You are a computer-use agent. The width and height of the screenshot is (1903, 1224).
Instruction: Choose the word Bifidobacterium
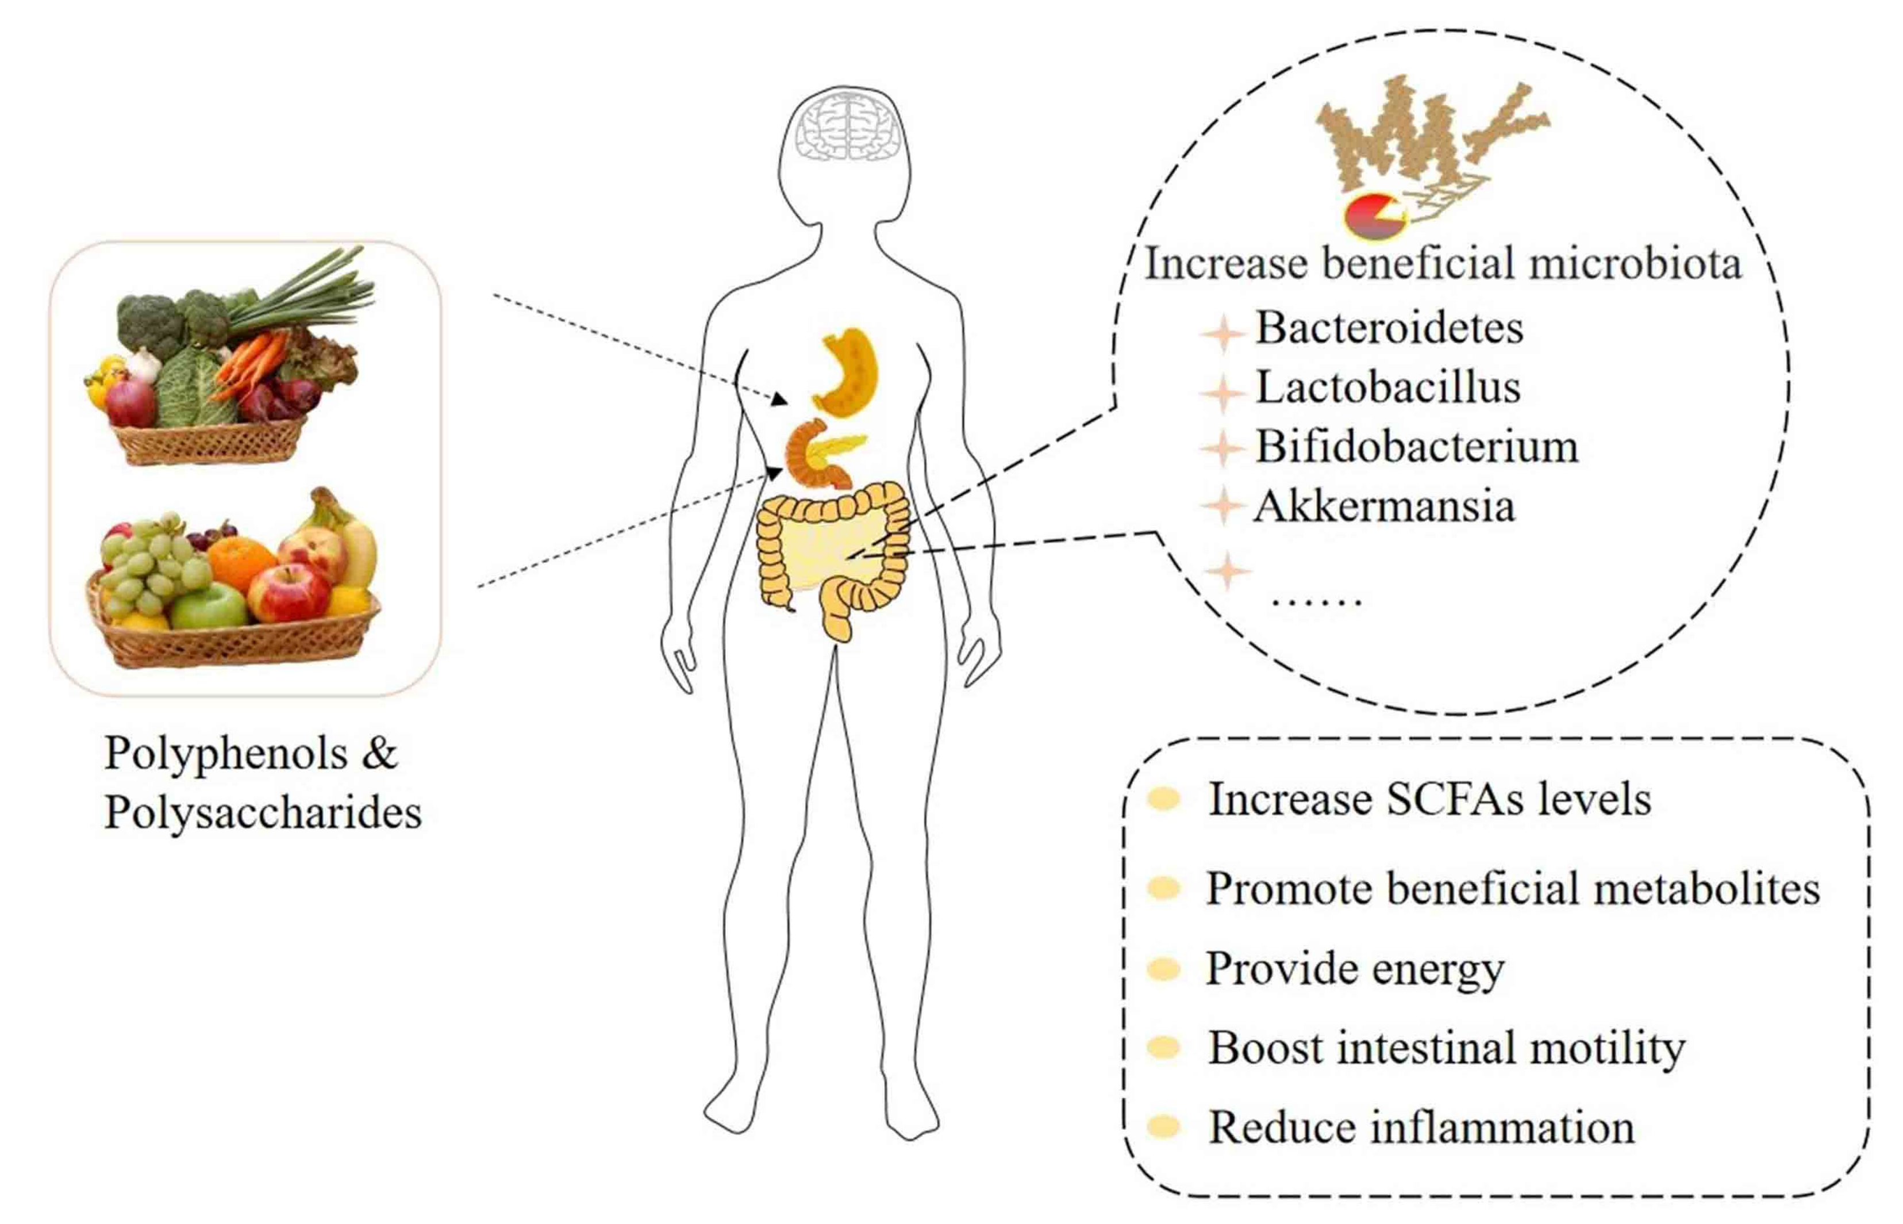(1416, 446)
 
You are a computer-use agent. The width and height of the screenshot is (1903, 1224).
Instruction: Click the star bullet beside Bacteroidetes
(1223, 332)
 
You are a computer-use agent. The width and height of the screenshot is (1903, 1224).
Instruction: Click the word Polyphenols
(226, 752)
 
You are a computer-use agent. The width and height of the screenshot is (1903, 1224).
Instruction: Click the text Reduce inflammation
(1421, 1127)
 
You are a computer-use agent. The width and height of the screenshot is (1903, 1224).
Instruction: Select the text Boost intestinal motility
(1446, 1048)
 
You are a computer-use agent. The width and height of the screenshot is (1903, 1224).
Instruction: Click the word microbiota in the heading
(1635, 263)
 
